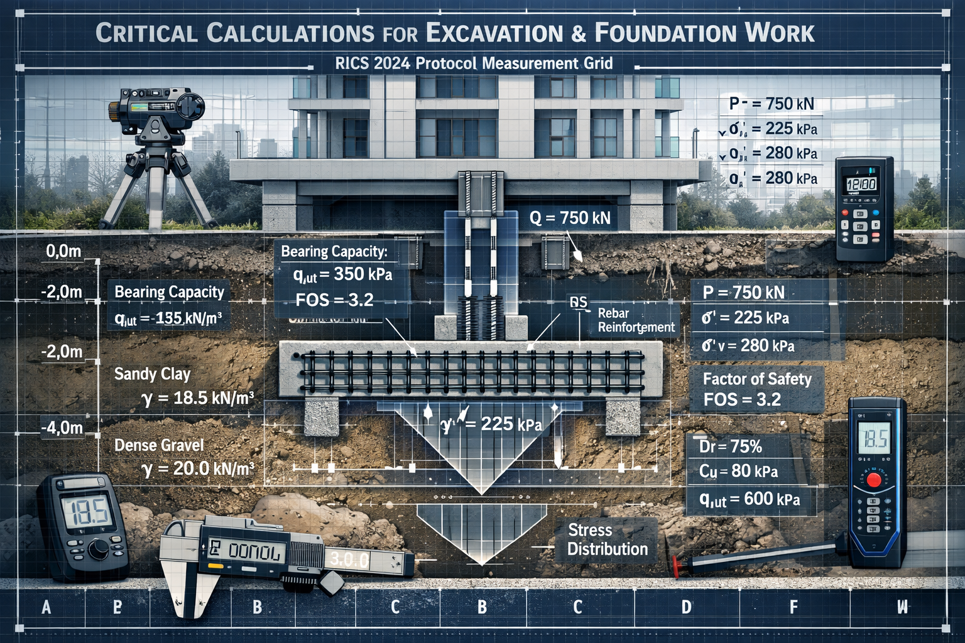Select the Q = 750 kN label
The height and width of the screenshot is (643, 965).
pos(570,218)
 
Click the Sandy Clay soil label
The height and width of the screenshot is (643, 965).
pos(152,374)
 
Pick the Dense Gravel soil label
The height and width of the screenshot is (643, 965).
pos(159,445)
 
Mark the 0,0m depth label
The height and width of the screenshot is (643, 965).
pos(63,252)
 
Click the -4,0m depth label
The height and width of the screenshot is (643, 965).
pos(62,428)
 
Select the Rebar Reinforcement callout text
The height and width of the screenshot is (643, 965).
pos(636,320)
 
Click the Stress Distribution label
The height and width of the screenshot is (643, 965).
pos(607,539)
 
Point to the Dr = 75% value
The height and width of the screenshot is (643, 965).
pos(730,446)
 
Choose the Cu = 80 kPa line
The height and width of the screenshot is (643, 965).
pos(738,471)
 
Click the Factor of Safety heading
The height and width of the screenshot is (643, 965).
pos(756,379)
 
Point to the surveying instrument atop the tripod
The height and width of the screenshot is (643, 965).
pos(156,105)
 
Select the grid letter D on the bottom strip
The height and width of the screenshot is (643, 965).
pos(686,607)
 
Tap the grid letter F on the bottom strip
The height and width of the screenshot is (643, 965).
pos(793,607)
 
